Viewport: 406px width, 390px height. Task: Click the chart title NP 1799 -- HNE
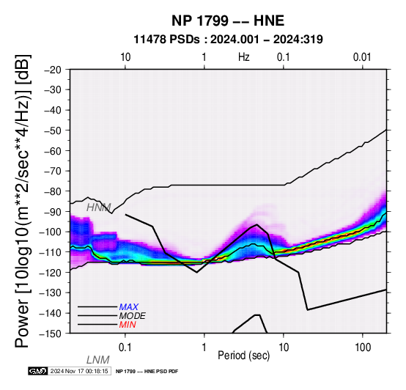pyautogui.click(x=228, y=21)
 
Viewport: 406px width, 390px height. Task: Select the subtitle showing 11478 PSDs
pyautogui.click(x=228, y=40)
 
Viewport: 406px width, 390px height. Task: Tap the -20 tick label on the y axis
pyautogui.click(x=53, y=70)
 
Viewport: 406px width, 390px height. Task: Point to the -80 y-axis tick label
pyautogui.click(x=53, y=191)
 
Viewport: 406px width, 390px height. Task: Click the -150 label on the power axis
pyautogui.click(x=51, y=334)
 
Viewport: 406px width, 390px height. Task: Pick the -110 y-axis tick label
pyautogui.click(x=51, y=252)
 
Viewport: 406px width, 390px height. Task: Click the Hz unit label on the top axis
pyautogui.click(x=244, y=57)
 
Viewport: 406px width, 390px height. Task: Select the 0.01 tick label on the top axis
pyautogui.click(x=362, y=57)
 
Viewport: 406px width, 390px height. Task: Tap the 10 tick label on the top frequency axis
pyautogui.click(x=125, y=57)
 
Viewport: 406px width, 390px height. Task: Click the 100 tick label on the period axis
pyautogui.click(x=363, y=347)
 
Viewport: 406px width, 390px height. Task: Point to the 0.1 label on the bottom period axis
pyautogui.click(x=125, y=347)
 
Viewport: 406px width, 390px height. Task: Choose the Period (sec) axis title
pyautogui.click(x=243, y=356)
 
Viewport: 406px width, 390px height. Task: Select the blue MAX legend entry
pyautogui.click(x=129, y=307)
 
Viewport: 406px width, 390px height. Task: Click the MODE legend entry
pyautogui.click(x=133, y=316)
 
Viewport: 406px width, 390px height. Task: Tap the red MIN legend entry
pyautogui.click(x=128, y=325)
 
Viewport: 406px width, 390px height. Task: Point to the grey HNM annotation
pyautogui.click(x=99, y=207)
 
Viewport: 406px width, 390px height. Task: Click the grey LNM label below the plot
pyautogui.click(x=98, y=360)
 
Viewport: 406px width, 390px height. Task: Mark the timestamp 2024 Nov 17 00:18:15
pyautogui.click(x=79, y=372)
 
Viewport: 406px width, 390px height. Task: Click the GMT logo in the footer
pyautogui.click(x=38, y=372)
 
